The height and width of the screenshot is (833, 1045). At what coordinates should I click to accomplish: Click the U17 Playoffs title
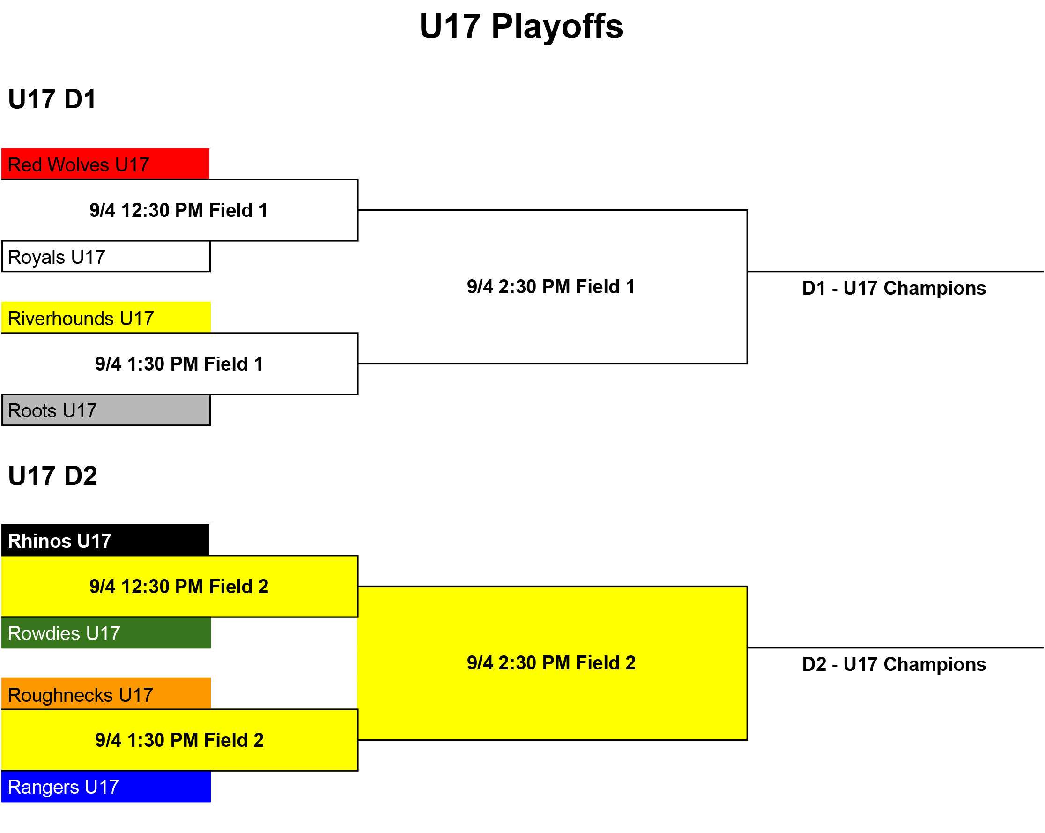click(x=521, y=26)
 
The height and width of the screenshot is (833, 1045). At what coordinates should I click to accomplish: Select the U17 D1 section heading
click(x=52, y=99)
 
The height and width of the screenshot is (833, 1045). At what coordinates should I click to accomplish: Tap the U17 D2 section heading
click(x=53, y=476)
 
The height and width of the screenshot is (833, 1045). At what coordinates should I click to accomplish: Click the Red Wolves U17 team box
click(x=106, y=164)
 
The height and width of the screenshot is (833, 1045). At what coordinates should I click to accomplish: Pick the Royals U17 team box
click(x=106, y=256)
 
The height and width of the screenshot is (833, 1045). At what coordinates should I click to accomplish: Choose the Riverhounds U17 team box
click(x=106, y=318)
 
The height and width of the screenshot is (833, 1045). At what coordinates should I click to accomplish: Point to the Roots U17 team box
click(x=106, y=410)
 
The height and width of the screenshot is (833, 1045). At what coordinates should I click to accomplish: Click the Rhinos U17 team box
click(x=106, y=540)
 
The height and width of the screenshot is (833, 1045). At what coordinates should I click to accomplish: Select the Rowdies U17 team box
click(x=106, y=633)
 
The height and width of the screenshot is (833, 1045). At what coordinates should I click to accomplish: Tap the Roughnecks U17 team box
click(x=106, y=694)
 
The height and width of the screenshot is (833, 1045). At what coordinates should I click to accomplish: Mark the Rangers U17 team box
click(x=106, y=787)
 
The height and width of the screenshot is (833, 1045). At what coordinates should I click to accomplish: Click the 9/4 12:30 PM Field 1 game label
click(x=179, y=210)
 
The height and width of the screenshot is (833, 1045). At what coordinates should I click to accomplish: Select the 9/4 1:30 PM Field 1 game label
click(x=179, y=364)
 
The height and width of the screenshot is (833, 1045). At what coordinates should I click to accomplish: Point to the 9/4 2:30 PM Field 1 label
click(x=551, y=287)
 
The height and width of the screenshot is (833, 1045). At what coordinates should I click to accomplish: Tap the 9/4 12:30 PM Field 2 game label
click(x=179, y=587)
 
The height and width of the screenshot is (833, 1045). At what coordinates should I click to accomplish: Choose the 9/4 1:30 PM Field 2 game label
click(x=179, y=740)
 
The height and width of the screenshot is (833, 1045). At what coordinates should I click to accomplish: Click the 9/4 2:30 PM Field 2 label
click(x=551, y=663)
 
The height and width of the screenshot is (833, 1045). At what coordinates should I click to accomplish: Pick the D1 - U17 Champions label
click(x=894, y=289)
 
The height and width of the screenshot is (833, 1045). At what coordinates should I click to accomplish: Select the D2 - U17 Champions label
click(x=894, y=665)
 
